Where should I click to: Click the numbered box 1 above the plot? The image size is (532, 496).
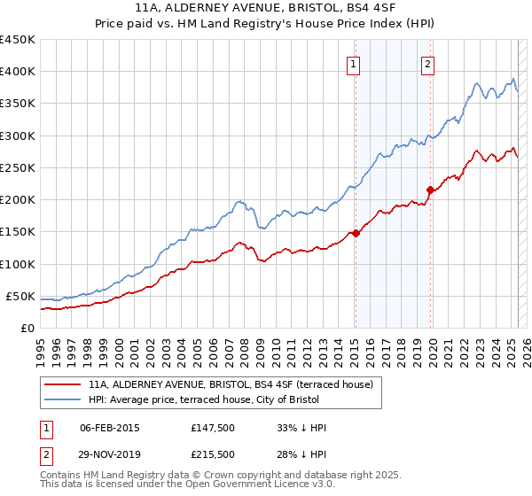354,63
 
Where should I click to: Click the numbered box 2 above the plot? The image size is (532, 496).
427,63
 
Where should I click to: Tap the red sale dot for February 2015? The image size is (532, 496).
356,233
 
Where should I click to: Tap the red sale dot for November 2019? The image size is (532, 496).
430,190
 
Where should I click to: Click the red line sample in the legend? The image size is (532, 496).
63,384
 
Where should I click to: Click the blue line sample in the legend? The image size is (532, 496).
63,400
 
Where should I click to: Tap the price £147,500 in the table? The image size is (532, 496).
211,428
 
